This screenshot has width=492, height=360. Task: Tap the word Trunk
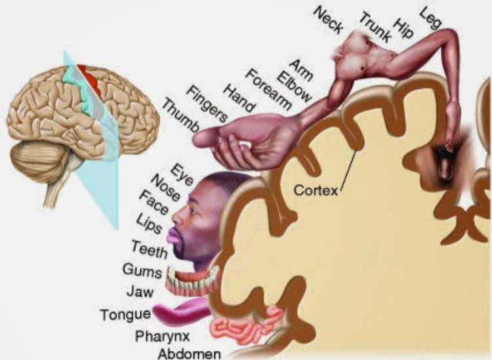(375, 27)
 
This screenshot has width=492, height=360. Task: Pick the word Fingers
(207, 104)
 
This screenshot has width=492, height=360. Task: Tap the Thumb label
(180, 117)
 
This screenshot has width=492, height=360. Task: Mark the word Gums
(138, 269)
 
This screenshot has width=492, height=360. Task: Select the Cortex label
(316, 191)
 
